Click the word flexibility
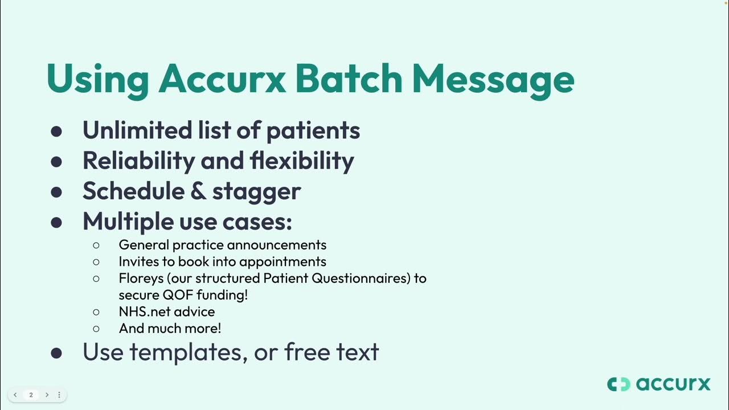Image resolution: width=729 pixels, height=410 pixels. coord(301,161)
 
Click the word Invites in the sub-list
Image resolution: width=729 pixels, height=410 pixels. coord(137,261)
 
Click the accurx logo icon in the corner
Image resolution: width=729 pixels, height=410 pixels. coord(619,384)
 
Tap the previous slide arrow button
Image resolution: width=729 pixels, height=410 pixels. coord(15,395)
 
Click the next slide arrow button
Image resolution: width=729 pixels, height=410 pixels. coord(47,395)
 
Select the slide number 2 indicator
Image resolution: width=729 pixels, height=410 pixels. coord(31,395)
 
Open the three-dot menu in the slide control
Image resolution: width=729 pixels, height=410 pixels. coord(59,395)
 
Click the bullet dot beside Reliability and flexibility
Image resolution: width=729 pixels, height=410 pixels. coord(56,162)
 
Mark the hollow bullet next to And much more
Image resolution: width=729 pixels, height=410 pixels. coord(96,329)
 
